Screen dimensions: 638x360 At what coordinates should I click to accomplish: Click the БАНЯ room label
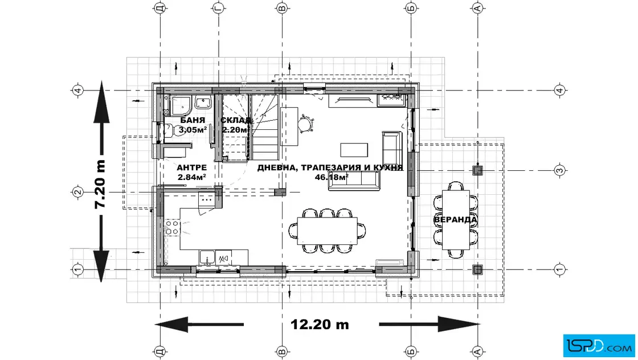click(193, 120)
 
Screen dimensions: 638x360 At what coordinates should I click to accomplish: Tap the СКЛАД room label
click(236, 120)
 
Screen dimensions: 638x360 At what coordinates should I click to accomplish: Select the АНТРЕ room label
click(191, 167)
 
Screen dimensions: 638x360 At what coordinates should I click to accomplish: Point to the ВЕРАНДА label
click(455, 220)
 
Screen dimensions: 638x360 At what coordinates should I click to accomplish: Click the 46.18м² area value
click(331, 177)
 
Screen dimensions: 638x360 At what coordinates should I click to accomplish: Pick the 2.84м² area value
click(191, 177)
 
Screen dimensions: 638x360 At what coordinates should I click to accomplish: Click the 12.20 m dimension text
click(320, 325)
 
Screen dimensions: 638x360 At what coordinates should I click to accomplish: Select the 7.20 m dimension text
click(100, 184)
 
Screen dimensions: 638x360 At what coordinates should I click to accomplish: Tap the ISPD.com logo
click(599, 346)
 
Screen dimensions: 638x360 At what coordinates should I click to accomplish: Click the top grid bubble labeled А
click(478, 8)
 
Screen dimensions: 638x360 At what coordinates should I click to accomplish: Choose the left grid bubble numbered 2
click(77, 192)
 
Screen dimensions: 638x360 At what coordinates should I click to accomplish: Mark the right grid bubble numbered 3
click(560, 170)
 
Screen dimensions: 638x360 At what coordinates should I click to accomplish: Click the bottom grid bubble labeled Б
click(411, 351)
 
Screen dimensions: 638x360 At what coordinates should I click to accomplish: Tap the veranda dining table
click(456, 220)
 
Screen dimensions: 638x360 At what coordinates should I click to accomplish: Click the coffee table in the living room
click(354, 150)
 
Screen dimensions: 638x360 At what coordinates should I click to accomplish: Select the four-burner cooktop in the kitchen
click(173, 227)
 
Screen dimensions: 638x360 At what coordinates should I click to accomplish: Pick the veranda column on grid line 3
click(478, 170)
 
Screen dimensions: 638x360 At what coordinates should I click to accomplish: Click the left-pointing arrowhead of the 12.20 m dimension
click(171, 325)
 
